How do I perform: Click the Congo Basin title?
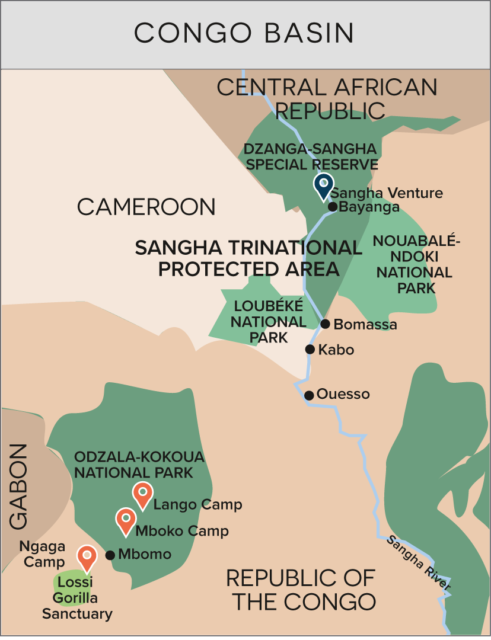click(x=245, y=33)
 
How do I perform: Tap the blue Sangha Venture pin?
click(x=323, y=186)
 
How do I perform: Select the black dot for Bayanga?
click(x=332, y=207)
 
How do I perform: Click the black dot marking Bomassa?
click(x=325, y=324)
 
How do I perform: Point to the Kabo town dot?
click(x=311, y=350)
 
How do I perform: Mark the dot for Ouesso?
click(x=309, y=395)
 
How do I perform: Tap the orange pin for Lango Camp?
click(x=142, y=494)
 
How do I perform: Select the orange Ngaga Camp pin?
click(x=87, y=557)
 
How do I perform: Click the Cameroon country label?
click(x=147, y=207)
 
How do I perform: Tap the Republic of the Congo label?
click(x=300, y=589)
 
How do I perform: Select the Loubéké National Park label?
click(x=265, y=322)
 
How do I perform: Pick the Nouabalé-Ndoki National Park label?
click(x=412, y=264)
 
